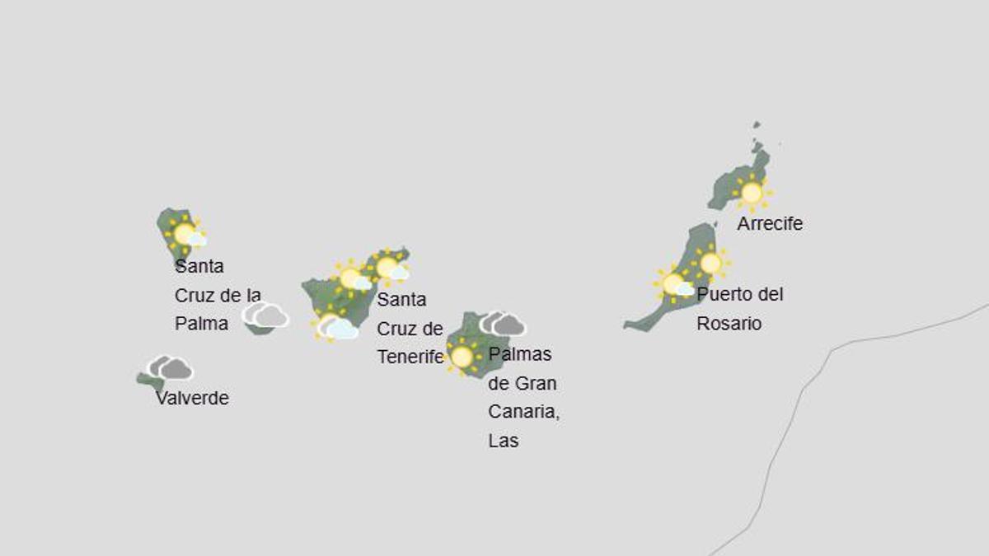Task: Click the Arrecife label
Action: [770, 224]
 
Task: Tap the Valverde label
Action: [192, 399]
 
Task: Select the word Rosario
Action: [729, 324]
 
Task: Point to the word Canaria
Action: [523, 412]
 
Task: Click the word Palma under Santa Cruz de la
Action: [201, 324]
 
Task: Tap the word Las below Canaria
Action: [504, 441]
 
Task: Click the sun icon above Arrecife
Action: [752, 193]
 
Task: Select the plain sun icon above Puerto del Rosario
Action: [710, 263]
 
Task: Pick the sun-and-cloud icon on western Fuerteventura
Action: [675, 284]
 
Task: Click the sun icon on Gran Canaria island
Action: [462, 357]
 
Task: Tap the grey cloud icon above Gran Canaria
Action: [503, 324]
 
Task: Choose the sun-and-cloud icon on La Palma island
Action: [186, 234]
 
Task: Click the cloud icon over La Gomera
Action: [265, 315]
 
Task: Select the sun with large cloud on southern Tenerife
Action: [335, 327]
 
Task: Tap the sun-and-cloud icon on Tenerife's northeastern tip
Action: [389, 267]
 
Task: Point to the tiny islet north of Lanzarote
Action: [756, 125]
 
